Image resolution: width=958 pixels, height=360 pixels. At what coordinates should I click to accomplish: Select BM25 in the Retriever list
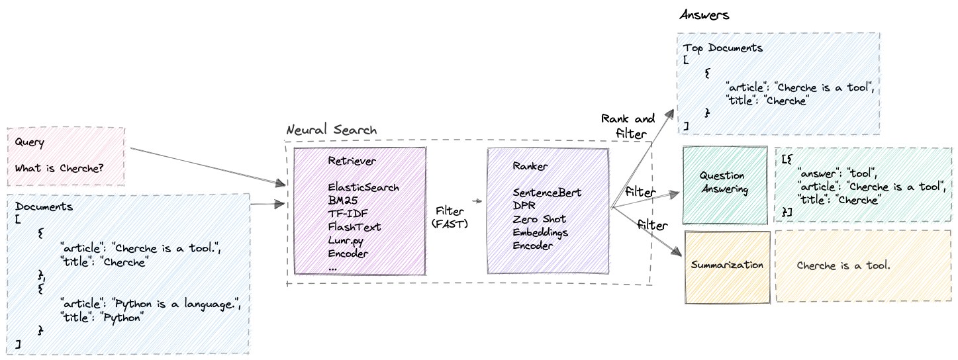pos(343,201)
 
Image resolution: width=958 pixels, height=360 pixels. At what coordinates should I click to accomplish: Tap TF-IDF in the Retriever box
pos(346,214)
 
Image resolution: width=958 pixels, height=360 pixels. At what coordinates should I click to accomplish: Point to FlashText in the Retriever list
pos(354,227)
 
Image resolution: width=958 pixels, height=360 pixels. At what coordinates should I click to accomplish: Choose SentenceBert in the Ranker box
pos(547,193)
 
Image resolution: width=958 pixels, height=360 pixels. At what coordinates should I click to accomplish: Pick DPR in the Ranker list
pos(524,206)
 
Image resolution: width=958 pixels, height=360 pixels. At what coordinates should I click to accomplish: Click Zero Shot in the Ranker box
pos(539,219)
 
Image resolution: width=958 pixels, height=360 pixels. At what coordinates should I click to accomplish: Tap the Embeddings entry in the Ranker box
pos(540,232)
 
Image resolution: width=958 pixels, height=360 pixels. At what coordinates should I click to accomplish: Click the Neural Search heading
pos(331,130)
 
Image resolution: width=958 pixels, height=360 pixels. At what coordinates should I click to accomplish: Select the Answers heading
pos(704,15)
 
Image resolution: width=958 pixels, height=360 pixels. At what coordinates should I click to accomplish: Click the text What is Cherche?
pos(59,168)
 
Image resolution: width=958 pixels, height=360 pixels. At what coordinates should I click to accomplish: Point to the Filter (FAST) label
pos(450,218)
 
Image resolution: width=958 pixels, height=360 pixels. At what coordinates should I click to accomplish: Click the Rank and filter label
pos(627,125)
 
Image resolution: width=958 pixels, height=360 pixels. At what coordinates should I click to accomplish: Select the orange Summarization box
pos(727,265)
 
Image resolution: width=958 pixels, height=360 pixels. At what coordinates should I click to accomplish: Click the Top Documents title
pos(723,48)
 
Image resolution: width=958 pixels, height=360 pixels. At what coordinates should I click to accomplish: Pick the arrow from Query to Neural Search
pos(205,164)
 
